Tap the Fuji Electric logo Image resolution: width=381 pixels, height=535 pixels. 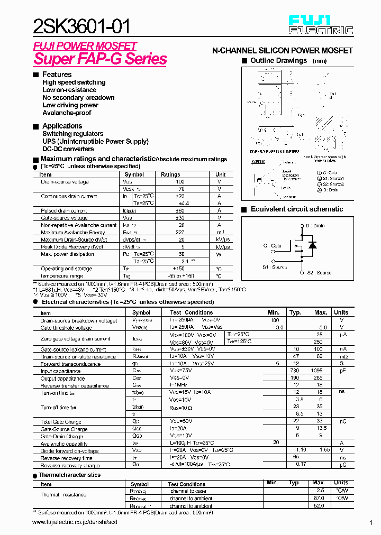pos(321,24)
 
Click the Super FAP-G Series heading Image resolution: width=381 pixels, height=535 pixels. pos(100,59)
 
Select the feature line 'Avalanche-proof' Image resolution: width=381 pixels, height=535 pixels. pos(67,113)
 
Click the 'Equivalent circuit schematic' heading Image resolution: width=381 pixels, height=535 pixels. pos(296,209)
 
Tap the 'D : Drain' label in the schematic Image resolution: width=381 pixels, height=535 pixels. pos(315,226)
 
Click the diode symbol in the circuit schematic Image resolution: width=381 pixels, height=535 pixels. pos(313,245)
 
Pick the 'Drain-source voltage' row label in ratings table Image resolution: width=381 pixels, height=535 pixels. pos(65,182)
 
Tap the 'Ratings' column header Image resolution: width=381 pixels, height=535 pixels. pos(170,174)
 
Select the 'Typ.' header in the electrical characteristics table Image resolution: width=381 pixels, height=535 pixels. pos(295,312)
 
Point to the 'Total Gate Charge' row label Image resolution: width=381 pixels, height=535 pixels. pos(61,422)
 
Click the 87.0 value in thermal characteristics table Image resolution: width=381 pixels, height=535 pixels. pos(319,499)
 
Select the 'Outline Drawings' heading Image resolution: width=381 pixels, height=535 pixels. pos(278,61)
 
